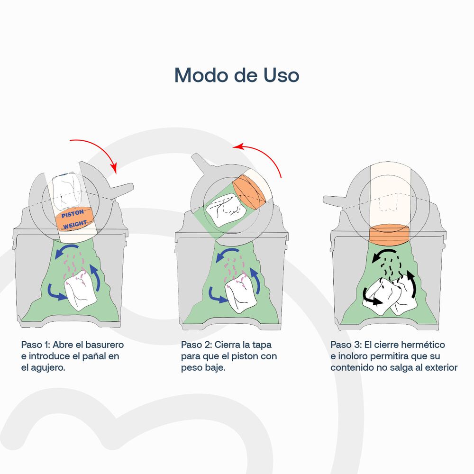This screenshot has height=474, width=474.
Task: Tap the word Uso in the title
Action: [281, 75]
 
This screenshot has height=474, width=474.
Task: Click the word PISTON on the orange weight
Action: [73, 214]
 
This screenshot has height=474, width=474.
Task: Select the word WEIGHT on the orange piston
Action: [75, 224]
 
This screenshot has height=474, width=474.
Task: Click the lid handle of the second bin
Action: [200, 163]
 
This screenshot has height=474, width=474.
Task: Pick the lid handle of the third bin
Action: [335, 201]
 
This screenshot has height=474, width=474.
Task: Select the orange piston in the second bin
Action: [249, 191]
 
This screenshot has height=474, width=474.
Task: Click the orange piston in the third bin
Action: [389, 235]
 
